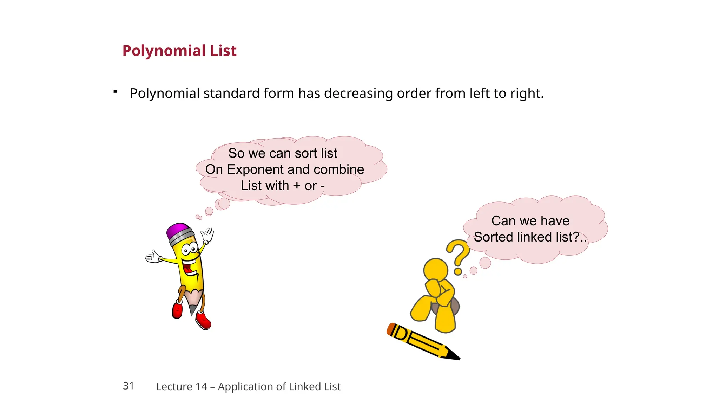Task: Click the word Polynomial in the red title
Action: (164, 51)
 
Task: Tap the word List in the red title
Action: (223, 51)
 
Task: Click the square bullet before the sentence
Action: (115, 92)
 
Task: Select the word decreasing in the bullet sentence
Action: (358, 94)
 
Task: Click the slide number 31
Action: (128, 386)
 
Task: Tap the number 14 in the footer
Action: (202, 386)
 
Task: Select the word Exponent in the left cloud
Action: (255, 169)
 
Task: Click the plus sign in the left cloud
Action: (297, 186)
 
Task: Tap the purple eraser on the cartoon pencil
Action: (178, 231)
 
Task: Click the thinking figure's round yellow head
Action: (436, 270)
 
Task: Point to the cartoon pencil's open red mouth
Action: (189, 269)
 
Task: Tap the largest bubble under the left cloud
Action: (224, 203)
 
